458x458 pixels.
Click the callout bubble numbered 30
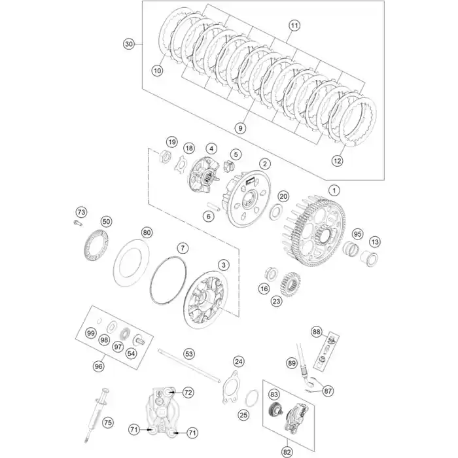[x=129, y=44]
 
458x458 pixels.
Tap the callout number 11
[x=294, y=26]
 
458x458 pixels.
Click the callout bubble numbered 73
[x=81, y=213]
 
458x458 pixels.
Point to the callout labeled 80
[x=147, y=233]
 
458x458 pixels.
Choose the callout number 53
[x=189, y=354]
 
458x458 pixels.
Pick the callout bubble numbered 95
[x=357, y=234]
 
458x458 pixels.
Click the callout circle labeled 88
[x=316, y=332]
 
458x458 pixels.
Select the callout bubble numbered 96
[x=99, y=366]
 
